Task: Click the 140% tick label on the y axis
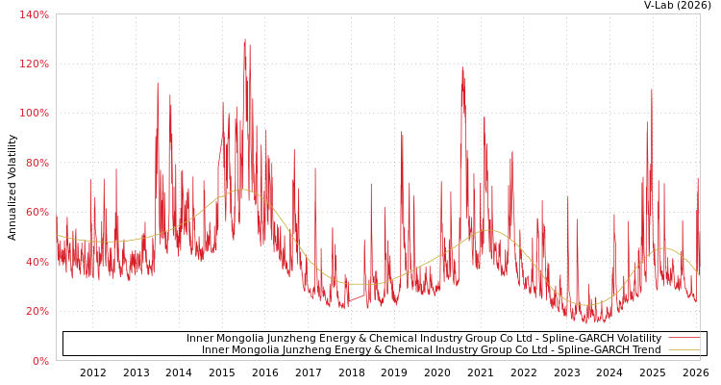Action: point(34,14)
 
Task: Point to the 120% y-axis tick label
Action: point(34,64)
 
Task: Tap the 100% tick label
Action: point(34,114)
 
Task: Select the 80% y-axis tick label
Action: point(37,163)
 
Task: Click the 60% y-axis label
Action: point(37,213)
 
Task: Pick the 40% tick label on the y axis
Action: point(37,262)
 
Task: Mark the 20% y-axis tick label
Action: point(37,312)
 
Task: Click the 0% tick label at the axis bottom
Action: point(39,361)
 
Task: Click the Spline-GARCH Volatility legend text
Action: point(423,339)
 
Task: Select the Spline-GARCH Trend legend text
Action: point(431,350)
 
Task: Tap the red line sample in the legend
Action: point(684,339)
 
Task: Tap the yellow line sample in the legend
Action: point(684,350)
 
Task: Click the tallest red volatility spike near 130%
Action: point(244,40)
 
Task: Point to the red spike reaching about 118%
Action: point(462,69)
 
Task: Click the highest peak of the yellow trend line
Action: point(242,190)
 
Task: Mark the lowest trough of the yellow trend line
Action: point(587,305)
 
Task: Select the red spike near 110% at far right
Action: point(651,91)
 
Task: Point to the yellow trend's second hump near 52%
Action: point(486,230)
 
